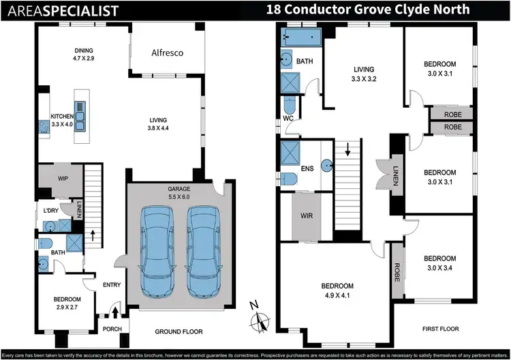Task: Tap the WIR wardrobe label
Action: (x=306, y=217)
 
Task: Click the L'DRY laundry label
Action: (x=50, y=209)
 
